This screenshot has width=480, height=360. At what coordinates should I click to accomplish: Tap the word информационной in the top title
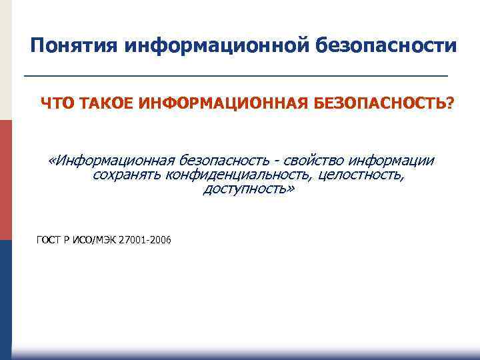point(213,46)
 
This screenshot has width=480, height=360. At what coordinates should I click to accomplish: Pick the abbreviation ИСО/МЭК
point(94,241)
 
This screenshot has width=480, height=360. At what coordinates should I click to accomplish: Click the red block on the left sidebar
point(6,180)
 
